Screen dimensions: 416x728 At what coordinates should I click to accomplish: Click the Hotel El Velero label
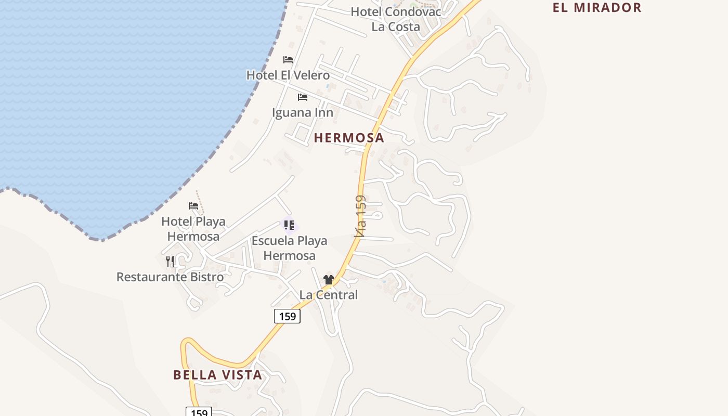tap(288, 75)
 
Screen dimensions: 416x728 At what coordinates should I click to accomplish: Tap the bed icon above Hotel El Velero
tap(288, 60)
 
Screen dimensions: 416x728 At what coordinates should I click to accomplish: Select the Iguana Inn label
tap(303, 112)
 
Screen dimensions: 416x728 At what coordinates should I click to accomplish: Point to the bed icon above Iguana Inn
tap(302, 97)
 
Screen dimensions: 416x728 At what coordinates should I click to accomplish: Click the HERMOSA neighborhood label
tap(349, 138)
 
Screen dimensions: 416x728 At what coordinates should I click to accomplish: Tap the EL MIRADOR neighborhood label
tap(597, 8)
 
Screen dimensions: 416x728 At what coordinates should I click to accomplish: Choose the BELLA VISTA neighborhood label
tap(217, 375)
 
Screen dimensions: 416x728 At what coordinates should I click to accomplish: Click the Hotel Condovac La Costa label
tap(396, 19)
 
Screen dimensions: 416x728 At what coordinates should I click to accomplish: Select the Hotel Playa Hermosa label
tap(193, 229)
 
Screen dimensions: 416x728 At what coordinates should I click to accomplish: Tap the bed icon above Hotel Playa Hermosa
tap(193, 206)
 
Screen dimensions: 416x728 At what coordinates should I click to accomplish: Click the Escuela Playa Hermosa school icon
tap(289, 225)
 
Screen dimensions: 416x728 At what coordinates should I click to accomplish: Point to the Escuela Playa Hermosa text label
tap(289, 248)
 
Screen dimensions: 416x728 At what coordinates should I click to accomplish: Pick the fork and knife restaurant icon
tap(170, 261)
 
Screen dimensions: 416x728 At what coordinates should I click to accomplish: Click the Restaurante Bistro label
tap(170, 277)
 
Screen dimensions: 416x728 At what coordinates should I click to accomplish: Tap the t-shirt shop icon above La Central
tap(328, 280)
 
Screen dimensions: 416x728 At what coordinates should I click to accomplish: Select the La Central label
tap(329, 295)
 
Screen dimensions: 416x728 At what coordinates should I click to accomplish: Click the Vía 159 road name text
tap(360, 216)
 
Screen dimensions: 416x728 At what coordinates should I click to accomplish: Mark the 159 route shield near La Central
tap(287, 316)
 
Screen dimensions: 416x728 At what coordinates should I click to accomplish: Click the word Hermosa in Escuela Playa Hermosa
tap(289, 256)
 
